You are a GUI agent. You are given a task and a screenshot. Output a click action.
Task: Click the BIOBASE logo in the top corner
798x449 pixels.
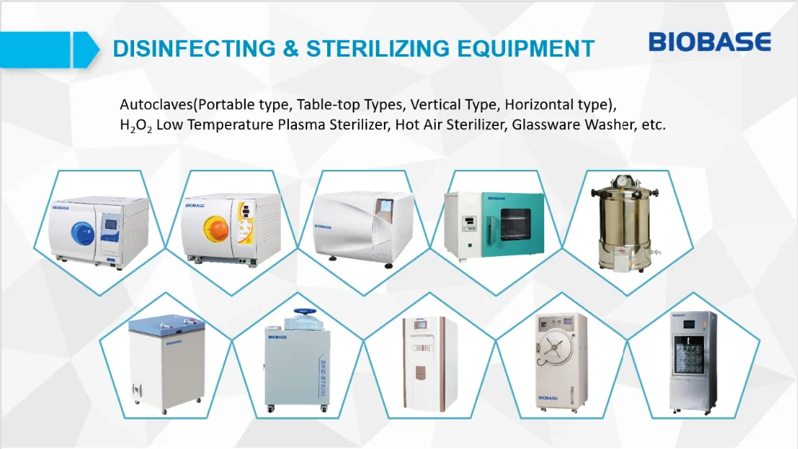[709, 41]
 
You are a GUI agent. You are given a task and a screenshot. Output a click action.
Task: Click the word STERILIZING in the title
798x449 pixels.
[377, 49]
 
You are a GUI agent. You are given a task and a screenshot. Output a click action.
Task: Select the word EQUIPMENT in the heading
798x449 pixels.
[526, 49]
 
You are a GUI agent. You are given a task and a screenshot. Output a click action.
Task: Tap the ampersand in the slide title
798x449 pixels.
[290, 49]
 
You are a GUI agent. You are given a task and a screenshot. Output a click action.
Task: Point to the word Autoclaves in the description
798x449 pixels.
[156, 104]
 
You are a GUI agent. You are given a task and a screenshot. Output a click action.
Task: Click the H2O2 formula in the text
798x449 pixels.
[136, 125]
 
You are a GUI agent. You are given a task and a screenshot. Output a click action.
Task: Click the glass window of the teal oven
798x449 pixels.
[516, 225]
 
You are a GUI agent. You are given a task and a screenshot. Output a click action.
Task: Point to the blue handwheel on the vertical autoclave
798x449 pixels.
[305, 311]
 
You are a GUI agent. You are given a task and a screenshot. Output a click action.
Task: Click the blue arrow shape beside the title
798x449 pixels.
[49, 49]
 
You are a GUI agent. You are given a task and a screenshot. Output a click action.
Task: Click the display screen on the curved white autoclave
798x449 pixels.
[385, 206]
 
